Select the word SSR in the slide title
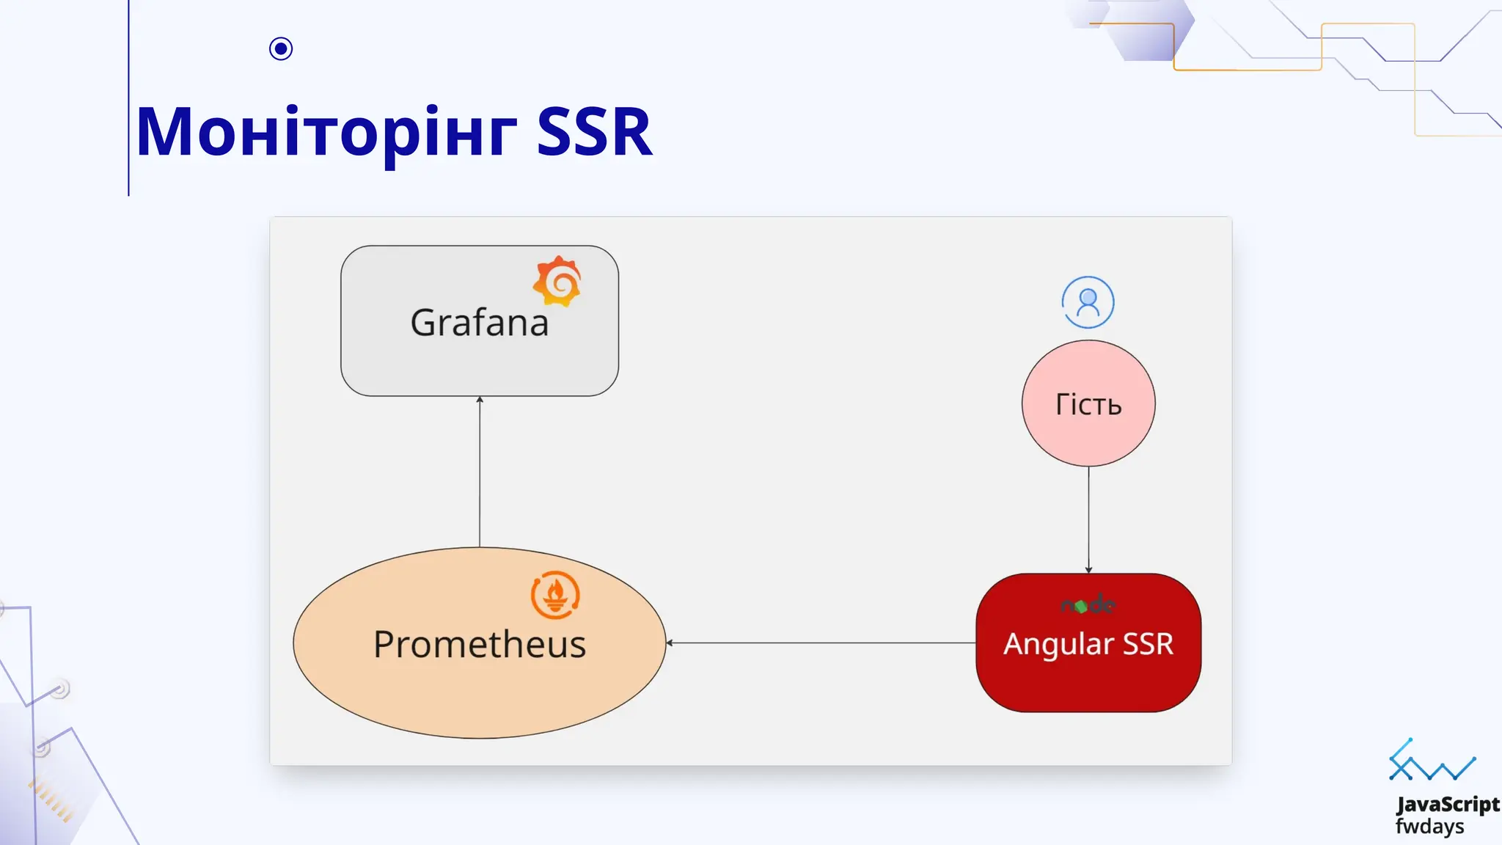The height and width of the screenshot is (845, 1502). tap(594, 133)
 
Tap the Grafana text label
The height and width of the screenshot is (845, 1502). tap(480, 323)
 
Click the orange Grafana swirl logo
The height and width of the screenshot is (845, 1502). tap(557, 281)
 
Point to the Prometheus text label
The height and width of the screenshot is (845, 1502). tap(480, 645)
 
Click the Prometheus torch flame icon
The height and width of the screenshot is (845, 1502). tap(555, 595)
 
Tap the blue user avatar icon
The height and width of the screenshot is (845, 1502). tap(1088, 302)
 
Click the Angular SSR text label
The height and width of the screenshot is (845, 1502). tap(1088, 644)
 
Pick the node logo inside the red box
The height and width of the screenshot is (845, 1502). tap(1088, 605)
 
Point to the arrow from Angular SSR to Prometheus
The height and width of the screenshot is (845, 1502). tap(821, 643)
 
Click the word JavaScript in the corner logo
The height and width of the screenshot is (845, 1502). tap(1448, 805)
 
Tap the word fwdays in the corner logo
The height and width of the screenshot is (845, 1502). tap(1429, 827)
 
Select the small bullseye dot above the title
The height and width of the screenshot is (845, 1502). tap(281, 48)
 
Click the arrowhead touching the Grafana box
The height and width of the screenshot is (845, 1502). tap(480, 400)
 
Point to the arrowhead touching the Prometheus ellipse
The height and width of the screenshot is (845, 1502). tap(670, 643)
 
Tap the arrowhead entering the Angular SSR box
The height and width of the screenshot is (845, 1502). tap(1088, 569)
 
